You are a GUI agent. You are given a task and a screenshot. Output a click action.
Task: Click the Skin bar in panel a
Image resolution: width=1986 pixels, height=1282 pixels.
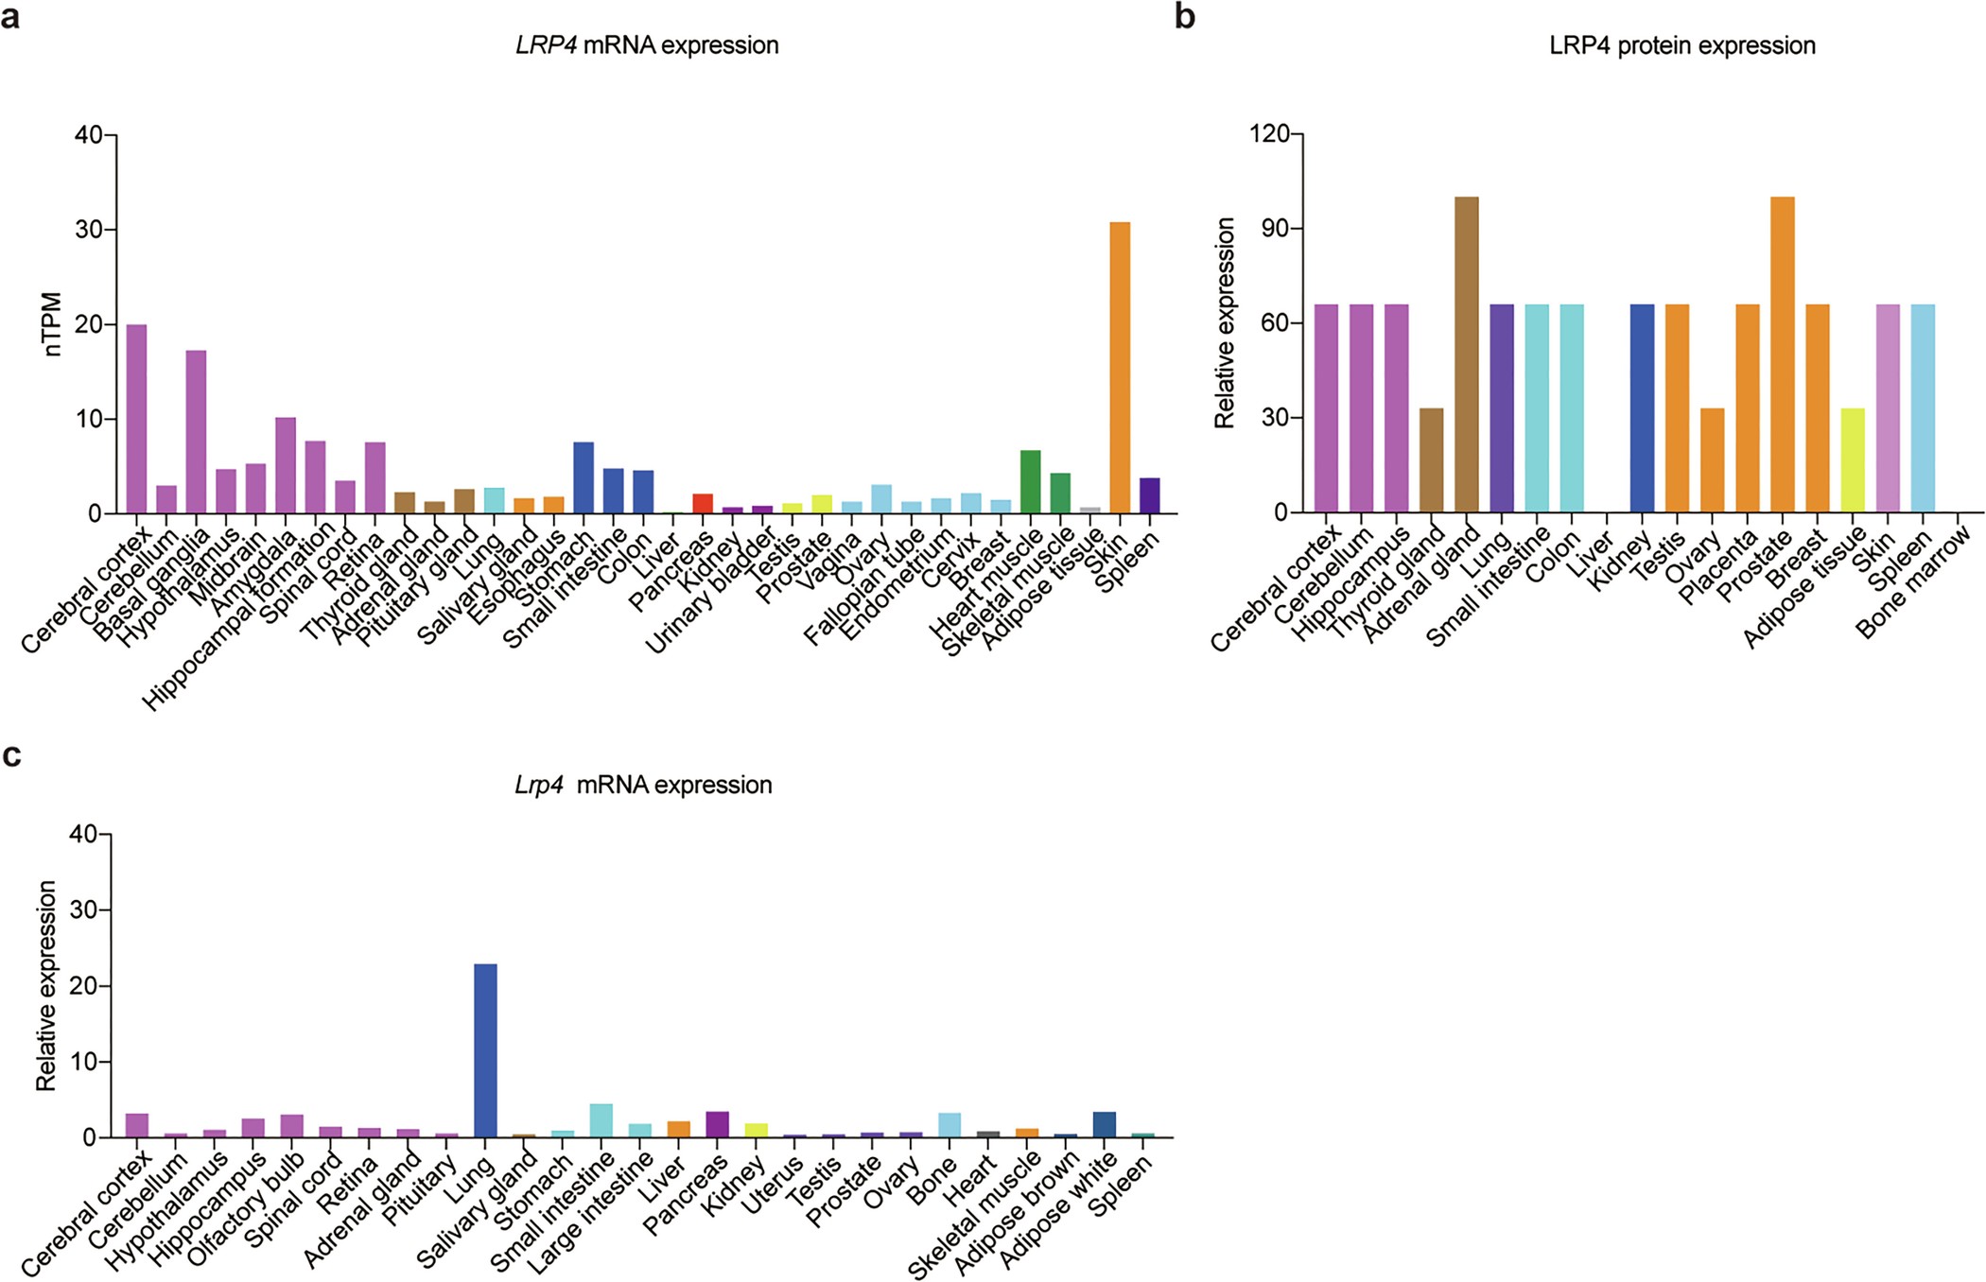[x=1120, y=369]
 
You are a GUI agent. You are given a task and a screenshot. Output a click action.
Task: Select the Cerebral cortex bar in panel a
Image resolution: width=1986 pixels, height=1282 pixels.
[x=136, y=420]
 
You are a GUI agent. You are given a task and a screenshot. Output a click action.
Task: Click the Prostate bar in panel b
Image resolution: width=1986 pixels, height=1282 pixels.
[x=1782, y=355]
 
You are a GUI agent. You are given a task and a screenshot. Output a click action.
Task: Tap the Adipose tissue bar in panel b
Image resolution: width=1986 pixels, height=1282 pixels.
[x=1853, y=460]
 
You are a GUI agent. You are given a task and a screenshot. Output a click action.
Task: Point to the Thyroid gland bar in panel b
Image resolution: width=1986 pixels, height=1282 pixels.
[x=1431, y=460]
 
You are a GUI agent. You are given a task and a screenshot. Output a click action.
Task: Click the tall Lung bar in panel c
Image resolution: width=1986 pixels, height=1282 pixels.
[x=485, y=1050]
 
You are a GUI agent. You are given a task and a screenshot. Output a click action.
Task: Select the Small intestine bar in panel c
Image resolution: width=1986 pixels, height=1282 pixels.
[x=601, y=1121]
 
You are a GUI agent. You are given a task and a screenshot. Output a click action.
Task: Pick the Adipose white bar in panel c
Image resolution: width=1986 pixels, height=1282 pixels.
[x=1104, y=1125]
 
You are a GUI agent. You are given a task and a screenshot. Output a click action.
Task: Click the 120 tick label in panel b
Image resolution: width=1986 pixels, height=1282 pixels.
[x=1268, y=134]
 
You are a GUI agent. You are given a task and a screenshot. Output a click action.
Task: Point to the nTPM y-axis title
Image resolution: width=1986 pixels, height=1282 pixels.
[x=53, y=324]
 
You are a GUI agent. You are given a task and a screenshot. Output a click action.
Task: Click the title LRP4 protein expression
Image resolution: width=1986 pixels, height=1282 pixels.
[x=1681, y=45]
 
